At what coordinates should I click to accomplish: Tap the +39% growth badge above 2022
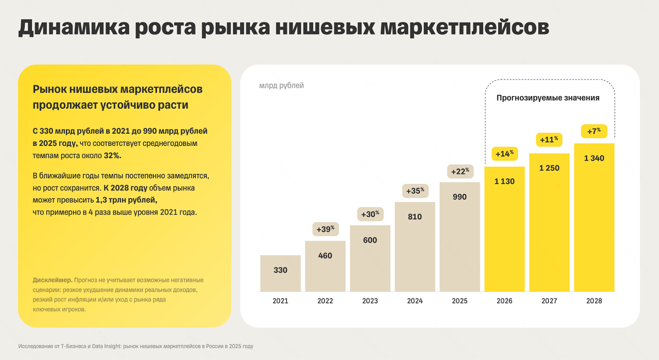coord(325,229)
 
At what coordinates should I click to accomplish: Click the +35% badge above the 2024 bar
coord(415,190)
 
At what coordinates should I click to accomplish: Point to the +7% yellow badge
coord(594,131)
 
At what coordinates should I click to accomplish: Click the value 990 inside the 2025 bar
coord(460,196)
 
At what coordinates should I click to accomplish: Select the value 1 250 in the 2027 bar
coord(549,168)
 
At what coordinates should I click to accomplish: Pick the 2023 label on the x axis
coord(370,301)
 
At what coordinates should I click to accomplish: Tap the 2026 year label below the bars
coord(504,301)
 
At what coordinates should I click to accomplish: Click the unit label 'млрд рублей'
coord(281,86)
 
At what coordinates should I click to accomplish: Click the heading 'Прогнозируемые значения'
coord(548,98)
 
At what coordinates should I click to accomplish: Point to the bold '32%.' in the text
coord(113,156)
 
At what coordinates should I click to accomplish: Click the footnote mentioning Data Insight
coord(136,346)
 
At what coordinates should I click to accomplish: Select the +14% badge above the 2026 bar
coord(504,154)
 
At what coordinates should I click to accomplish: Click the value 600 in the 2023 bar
coord(370,240)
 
